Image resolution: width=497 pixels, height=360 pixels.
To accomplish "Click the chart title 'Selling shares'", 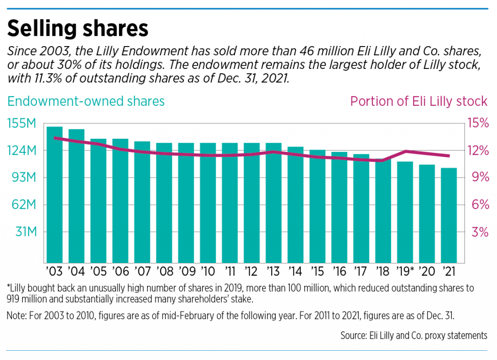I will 78,29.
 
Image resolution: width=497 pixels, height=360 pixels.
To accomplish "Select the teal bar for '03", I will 54,194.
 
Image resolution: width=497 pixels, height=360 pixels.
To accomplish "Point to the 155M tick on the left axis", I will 22,124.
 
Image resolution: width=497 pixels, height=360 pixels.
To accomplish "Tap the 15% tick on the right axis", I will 478,124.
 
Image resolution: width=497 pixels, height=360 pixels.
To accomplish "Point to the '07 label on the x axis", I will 142,270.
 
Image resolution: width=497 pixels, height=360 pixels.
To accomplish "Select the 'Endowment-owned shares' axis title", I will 86,101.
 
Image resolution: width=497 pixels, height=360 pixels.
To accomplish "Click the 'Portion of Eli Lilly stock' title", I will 418,101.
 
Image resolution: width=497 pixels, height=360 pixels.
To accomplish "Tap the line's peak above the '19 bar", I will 405,151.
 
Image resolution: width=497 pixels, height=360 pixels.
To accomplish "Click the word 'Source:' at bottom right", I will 355,335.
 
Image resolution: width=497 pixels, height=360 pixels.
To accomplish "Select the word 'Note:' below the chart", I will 17,316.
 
